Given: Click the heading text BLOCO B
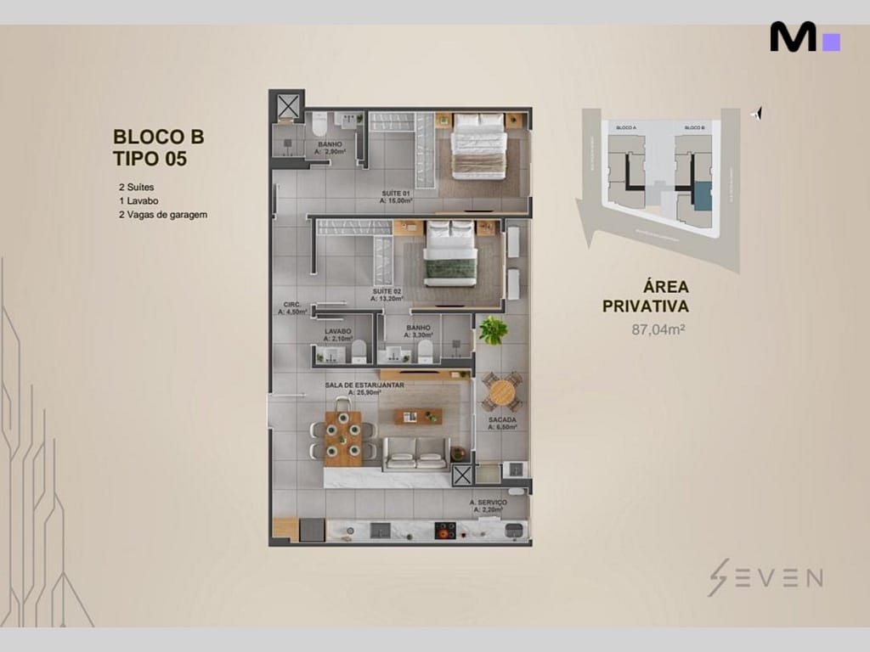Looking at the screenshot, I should click(x=158, y=136).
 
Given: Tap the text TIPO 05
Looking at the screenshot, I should click(x=150, y=157).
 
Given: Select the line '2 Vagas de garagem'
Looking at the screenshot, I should click(x=163, y=215).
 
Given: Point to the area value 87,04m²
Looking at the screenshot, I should click(x=658, y=330).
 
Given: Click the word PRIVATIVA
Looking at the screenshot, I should click(x=645, y=306).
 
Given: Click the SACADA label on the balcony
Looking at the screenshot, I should click(x=502, y=420).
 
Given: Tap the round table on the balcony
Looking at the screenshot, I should click(x=502, y=392).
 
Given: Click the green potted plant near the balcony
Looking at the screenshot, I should click(x=492, y=330).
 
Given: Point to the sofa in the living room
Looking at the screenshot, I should click(x=416, y=455).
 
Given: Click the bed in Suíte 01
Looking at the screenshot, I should click(x=478, y=146).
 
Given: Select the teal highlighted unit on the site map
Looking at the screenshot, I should click(x=702, y=195).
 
